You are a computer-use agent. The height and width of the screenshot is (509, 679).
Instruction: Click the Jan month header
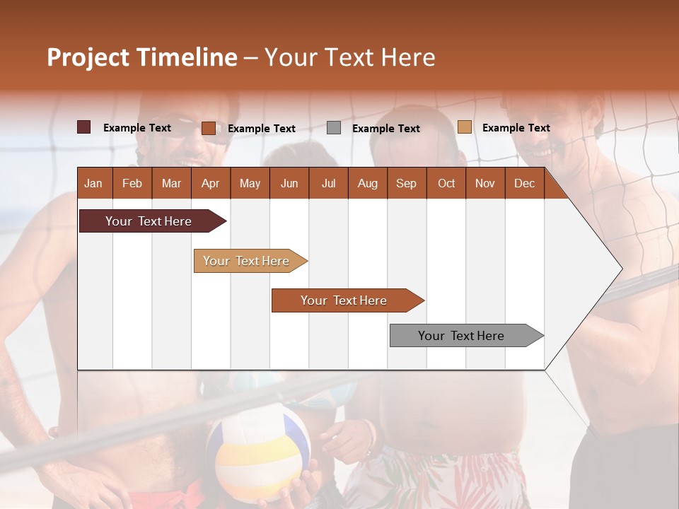coord(93,184)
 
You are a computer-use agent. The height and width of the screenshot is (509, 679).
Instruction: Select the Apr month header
coord(210,184)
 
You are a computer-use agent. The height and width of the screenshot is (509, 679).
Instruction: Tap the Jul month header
coord(328,184)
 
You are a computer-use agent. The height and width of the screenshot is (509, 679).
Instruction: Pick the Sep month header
coord(406,184)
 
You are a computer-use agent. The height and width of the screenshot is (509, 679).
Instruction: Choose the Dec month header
coord(524,184)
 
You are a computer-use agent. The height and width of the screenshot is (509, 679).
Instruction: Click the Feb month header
coord(132,184)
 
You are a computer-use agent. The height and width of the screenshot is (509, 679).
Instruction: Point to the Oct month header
coord(446,184)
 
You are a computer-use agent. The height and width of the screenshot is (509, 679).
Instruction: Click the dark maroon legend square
coord(83,127)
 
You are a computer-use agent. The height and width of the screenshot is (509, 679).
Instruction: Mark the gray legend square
coord(334,128)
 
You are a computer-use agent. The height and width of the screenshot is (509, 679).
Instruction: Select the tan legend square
coord(464,127)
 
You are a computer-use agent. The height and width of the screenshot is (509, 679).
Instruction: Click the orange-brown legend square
coord(208,128)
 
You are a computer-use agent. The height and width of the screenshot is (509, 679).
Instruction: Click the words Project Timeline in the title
coord(141,57)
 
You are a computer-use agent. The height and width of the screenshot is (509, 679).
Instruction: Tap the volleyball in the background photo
coord(258,452)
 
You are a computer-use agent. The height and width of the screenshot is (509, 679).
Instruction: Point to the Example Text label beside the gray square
coord(385,129)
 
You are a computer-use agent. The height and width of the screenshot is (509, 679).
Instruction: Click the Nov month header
coord(484,184)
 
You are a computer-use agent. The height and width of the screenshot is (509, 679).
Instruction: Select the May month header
coord(250,184)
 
